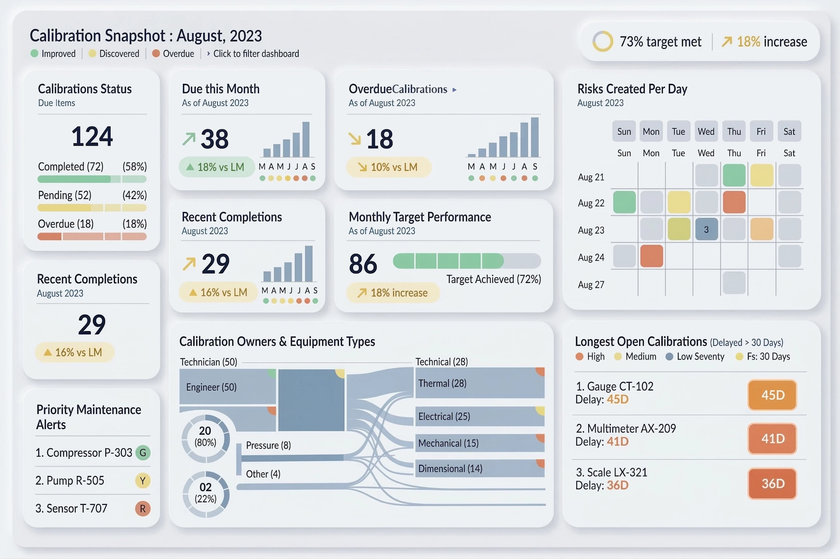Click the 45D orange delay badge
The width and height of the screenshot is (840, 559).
click(x=772, y=395)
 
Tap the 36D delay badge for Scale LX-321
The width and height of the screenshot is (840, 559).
click(x=772, y=483)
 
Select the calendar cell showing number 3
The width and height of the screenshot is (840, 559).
click(x=706, y=230)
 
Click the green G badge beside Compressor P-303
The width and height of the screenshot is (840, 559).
click(x=143, y=452)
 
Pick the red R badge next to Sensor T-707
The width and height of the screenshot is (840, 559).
click(x=143, y=508)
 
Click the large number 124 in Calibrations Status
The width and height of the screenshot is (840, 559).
click(x=92, y=137)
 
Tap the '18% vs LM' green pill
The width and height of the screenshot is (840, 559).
click(x=216, y=167)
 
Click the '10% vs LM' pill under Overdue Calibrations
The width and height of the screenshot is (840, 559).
click(x=388, y=167)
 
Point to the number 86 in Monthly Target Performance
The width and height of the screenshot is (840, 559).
click(x=363, y=264)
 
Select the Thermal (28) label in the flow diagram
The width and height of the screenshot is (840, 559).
click(x=442, y=383)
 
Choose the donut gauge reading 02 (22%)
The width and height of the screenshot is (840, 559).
click(x=205, y=493)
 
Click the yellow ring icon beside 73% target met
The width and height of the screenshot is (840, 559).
click(x=602, y=42)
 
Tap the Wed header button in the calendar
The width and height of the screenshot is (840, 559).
click(x=706, y=132)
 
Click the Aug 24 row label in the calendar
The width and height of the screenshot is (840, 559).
click(x=591, y=258)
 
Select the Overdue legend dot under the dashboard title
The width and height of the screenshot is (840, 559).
click(x=156, y=54)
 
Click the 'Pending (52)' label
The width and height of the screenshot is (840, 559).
click(x=65, y=195)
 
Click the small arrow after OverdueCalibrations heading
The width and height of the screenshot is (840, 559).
click(x=454, y=90)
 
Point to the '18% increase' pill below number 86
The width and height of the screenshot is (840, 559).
click(x=393, y=293)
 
